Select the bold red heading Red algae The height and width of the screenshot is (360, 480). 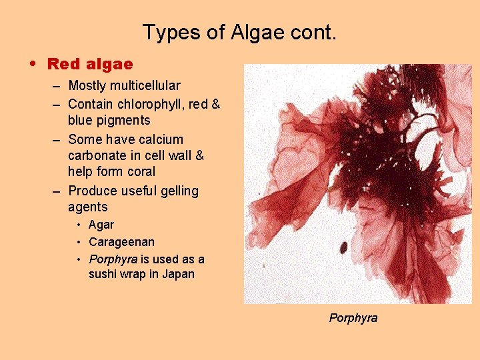pos(90,65)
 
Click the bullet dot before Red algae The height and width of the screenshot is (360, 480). pos(33,65)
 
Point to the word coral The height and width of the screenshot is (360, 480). pos(139,172)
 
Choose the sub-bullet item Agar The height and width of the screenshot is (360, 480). pos(101,225)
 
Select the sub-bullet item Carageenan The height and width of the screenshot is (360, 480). pos(121,242)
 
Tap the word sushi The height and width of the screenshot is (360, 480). pos(105,274)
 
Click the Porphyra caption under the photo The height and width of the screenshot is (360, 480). pos(353,318)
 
